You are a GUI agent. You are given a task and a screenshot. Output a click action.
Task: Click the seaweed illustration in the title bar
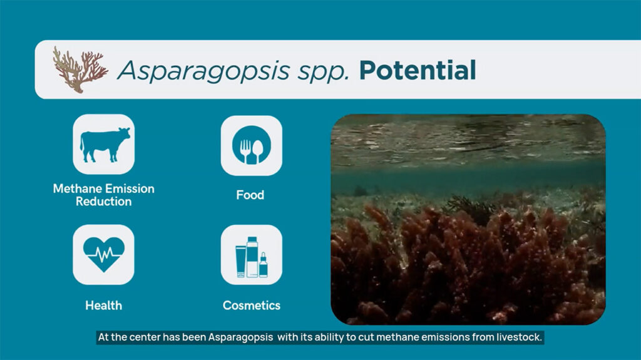pyautogui.click(x=80, y=69)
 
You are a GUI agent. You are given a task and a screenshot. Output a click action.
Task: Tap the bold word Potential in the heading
pyautogui.click(x=418, y=70)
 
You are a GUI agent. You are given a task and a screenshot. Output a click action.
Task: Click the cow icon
pyautogui.click(x=104, y=144)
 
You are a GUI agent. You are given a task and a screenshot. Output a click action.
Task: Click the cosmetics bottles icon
pyautogui.click(x=252, y=255)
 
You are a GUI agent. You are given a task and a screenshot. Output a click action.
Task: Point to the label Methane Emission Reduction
pyautogui.click(x=104, y=195)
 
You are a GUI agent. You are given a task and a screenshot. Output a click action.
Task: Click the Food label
pyautogui.click(x=250, y=195)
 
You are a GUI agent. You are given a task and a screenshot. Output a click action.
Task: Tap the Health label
pyautogui.click(x=104, y=306)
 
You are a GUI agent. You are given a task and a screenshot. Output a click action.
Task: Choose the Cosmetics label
pyautogui.click(x=252, y=306)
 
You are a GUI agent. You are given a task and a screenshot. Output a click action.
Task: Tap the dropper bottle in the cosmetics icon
pyautogui.click(x=264, y=266)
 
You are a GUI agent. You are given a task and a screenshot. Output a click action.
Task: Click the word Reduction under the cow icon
pyautogui.click(x=104, y=202)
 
